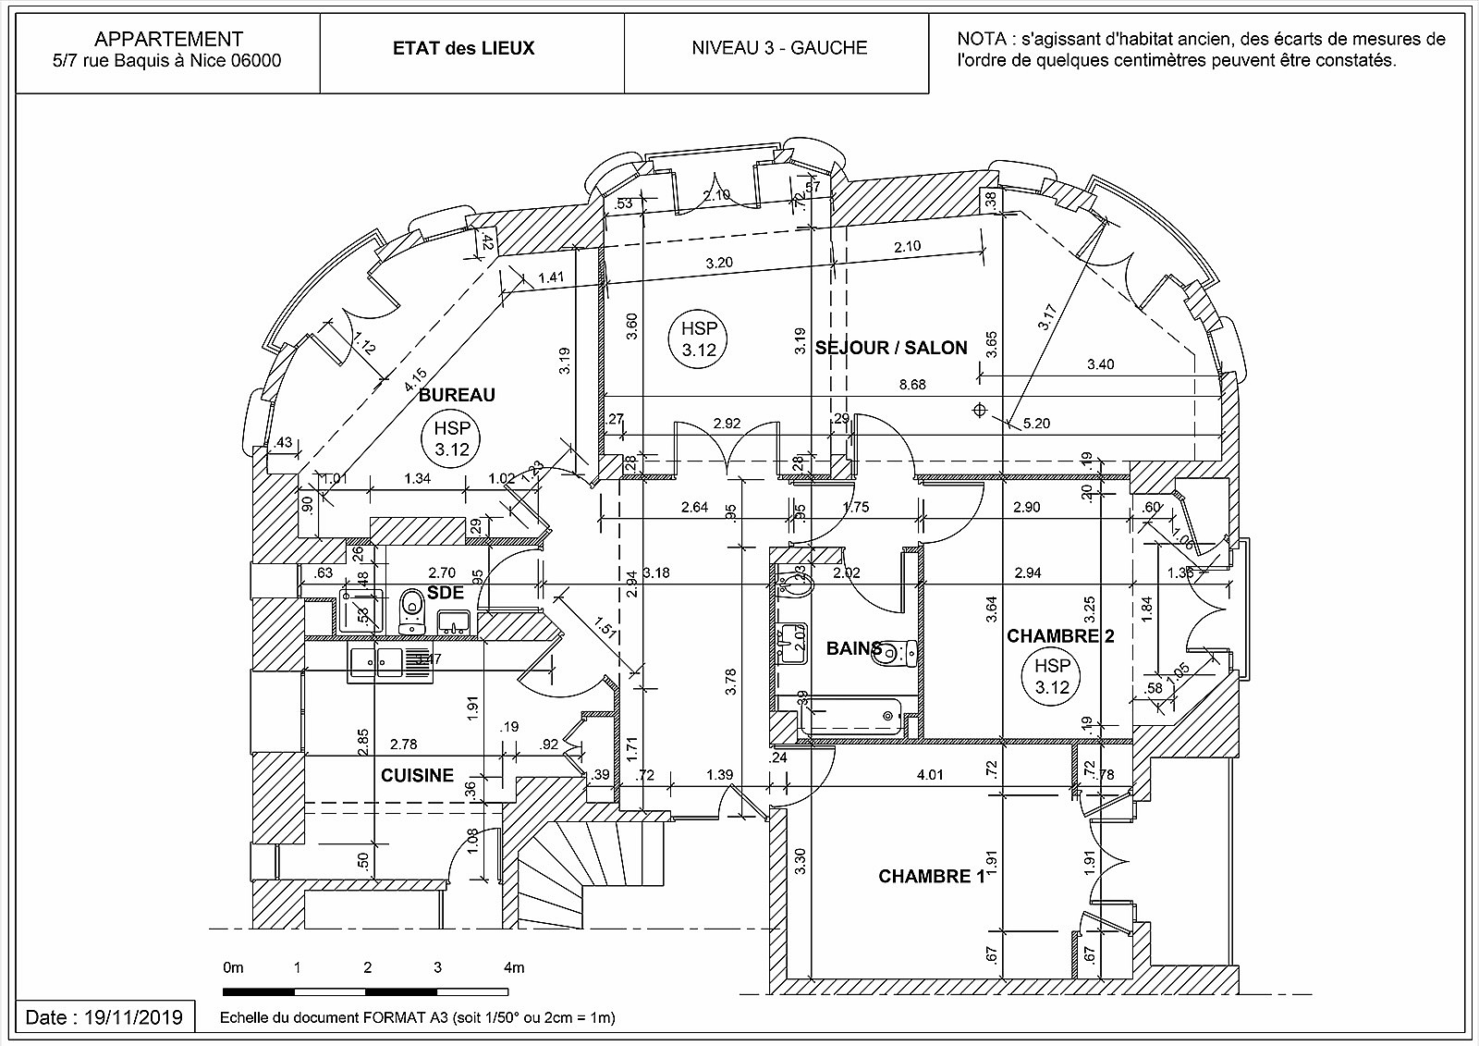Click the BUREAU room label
(x=457, y=395)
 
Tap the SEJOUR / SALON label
(x=891, y=348)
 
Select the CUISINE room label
(x=417, y=775)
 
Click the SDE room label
(x=445, y=593)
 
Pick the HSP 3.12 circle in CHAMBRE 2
(x=1052, y=676)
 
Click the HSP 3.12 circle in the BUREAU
(x=452, y=439)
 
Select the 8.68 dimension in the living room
(x=911, y=385)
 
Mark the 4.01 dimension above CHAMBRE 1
(x=930, y=774)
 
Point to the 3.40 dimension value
(x=1100, y=364)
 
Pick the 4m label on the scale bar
(x=513, y=967)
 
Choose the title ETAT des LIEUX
(x=463, y=48)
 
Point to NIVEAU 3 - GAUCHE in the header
(x=779, y=48)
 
